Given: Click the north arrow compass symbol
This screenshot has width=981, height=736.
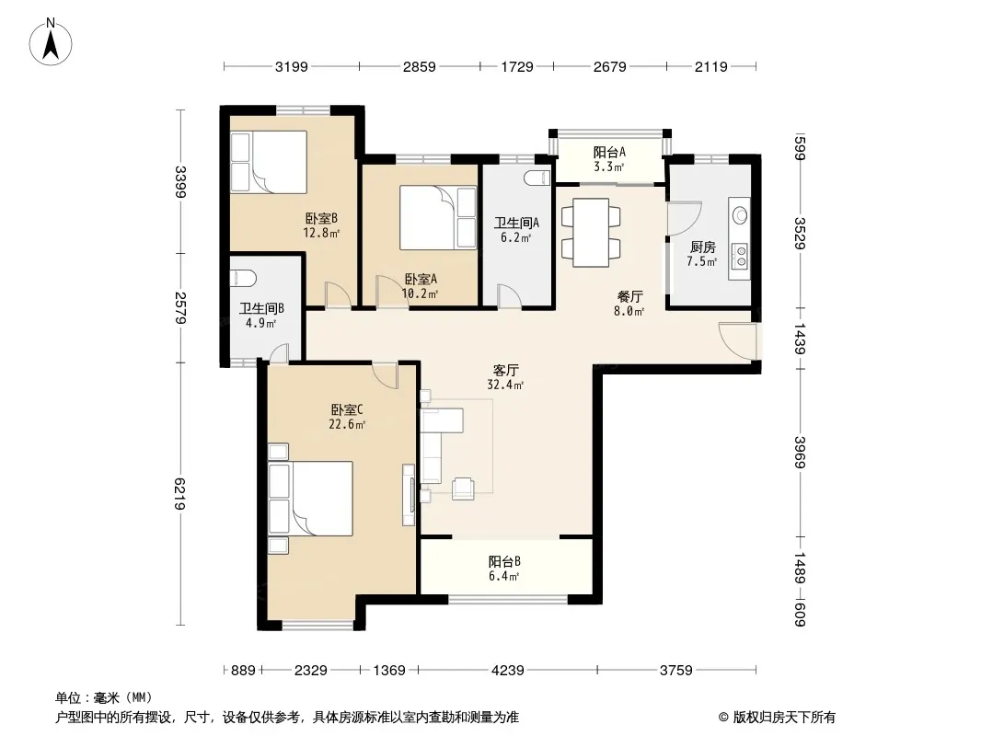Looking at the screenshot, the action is [x=51, y=42].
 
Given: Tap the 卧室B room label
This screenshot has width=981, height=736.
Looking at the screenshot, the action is [x=321, y=218].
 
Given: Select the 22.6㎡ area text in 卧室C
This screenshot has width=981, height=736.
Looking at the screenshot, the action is [x=347, y=425].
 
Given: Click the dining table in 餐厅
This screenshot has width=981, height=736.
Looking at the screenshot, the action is [x=591, y=233].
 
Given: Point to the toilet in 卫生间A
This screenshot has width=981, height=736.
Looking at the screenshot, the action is [x=537, y=178].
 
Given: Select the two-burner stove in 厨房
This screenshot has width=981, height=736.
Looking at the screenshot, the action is [x=741, y=256].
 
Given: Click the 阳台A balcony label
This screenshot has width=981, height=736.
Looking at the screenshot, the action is [x=609, y=153].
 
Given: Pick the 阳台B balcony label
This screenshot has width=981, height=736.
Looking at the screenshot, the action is [x=504, y=561].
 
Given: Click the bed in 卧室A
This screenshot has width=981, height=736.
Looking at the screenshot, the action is [x=438, y=218].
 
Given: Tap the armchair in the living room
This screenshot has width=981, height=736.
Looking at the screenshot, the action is [x=463, y=488].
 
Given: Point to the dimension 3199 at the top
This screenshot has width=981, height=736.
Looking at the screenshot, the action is [x=292, y=67].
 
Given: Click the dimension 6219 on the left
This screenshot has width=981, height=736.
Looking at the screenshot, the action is [x=179, y=494].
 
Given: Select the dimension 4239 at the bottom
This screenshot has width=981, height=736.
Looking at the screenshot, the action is [x=507, y=671].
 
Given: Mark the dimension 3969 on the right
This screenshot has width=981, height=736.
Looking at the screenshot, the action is [x=800, y=452].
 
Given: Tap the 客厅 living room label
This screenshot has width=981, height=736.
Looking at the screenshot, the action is [x=505, y=371].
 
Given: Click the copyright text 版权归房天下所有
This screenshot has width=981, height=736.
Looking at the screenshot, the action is [x=784, y=718].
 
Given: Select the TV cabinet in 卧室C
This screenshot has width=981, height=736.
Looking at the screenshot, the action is [x=409, y=495].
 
